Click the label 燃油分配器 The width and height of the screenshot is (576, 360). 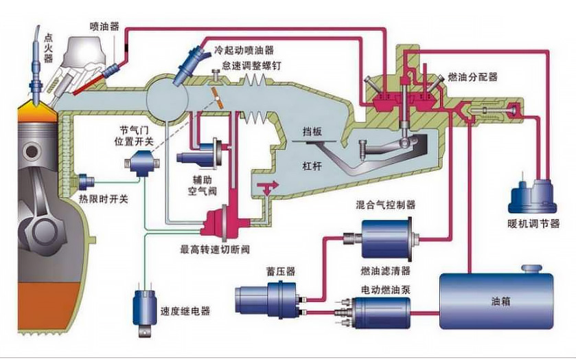tap(472, 76)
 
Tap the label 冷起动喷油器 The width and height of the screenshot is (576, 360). tap(244, 51)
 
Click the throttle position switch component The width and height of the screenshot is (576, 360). tap(142, 163)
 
